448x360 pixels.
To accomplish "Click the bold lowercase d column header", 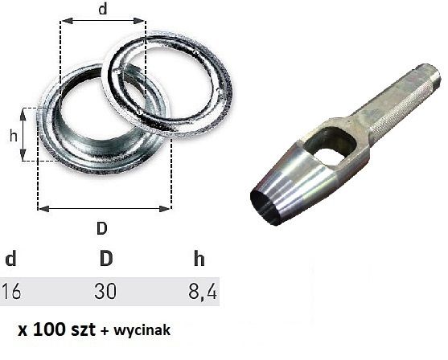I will point(10,260).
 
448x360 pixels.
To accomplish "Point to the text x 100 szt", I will point(59,329).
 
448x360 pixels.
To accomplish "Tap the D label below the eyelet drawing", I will point(102,227).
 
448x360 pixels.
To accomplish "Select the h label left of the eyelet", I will point(13,136).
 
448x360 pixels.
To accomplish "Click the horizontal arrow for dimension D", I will point(105,208).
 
